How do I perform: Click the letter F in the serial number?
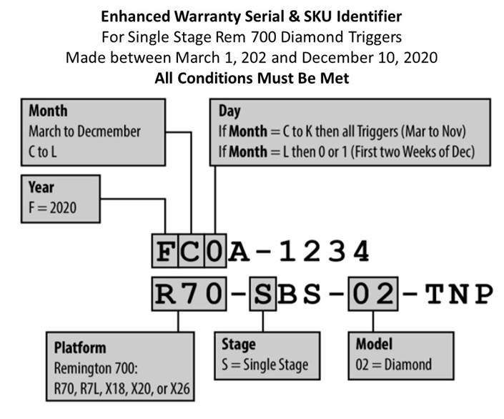click(164, 251)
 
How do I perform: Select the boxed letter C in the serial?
click(191, 251)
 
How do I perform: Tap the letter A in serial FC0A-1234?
click(239, 251)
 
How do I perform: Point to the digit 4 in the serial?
click(361, 251)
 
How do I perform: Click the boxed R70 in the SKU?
click(189, 294)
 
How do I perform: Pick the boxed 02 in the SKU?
click(373, 294)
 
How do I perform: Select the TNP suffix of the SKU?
click(459, 294)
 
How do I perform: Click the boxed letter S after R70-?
click(263, 294)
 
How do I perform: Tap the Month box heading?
click(48, 111)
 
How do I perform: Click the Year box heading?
click(41, 187)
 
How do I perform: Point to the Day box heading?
click(229, 112)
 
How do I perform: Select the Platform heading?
click(80, 348)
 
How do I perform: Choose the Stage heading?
click(239, 345)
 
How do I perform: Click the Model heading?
click(374, 344)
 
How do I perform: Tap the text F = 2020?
click(53, 208)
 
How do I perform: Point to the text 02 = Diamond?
click(394, 365)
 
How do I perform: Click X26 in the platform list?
click(179, 389)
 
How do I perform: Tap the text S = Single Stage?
click(265, 365)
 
